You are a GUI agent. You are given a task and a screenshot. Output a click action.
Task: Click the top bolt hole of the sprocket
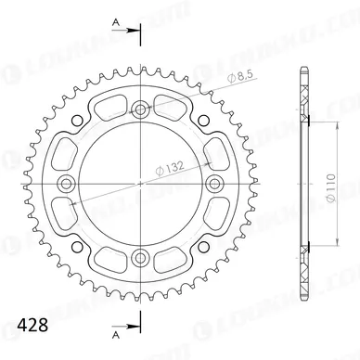pos(141,110)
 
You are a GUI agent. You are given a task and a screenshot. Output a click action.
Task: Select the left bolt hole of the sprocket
pos(70,182)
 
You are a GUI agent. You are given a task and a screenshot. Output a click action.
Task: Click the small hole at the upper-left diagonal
pos(90,132)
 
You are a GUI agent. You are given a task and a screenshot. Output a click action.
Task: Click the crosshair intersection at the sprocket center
pos(141,182)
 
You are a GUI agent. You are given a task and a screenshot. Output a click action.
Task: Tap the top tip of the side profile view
pos(305,66)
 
